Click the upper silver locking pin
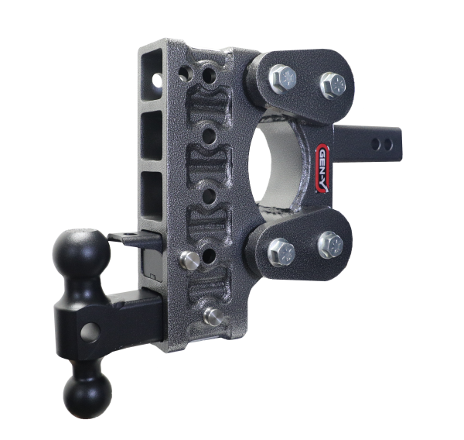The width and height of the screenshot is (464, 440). (186, 257)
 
